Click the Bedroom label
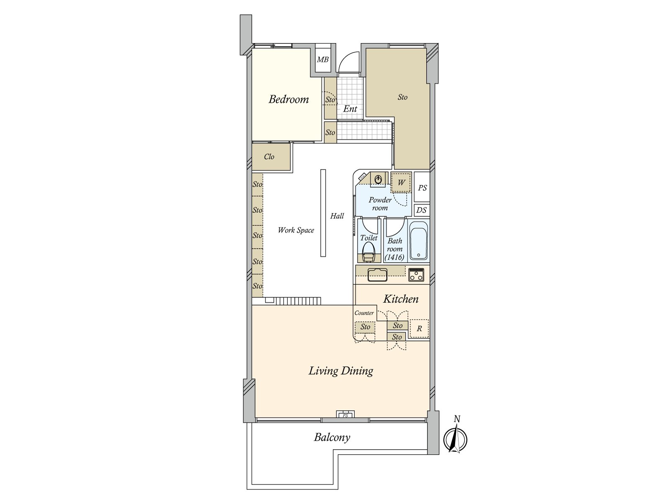pos(289,100)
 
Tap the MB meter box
pos(322,60)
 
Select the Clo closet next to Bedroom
pos(269,157)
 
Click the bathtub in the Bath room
pos(418,241)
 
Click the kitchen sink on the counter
pos(377,275)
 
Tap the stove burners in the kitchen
pos(417,275)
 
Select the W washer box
pos(401,182)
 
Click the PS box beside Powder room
pos(422,188)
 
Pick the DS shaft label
pos(421,210)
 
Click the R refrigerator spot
pos(419,329)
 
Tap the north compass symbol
pos(456,438)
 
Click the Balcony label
pos(332,438)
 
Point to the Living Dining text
pos(341,371)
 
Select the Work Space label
pos(296,230)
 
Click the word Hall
pos(337,216)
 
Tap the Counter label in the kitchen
pos(364,313)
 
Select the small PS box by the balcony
pos(345,415)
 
